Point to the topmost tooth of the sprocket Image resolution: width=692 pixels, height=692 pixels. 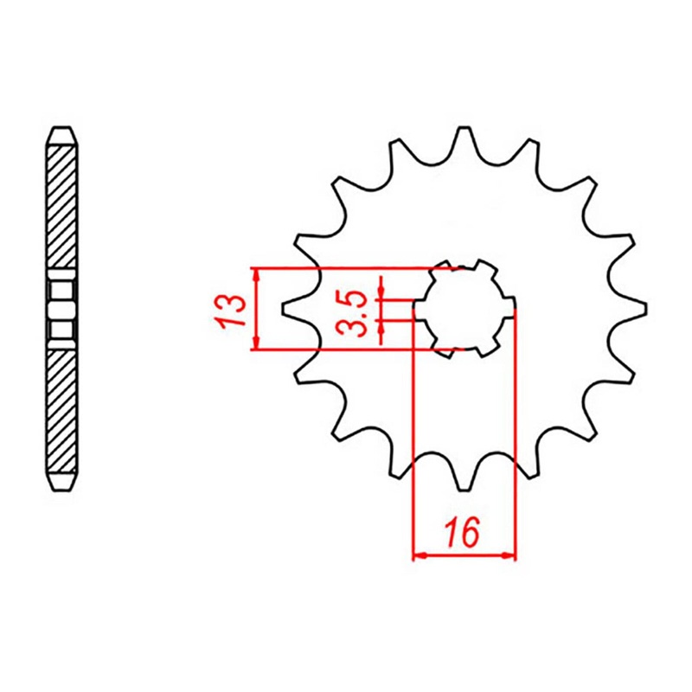465,138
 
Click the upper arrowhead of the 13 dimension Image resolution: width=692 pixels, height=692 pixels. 255,274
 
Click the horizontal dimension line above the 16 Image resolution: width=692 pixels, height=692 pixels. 465,554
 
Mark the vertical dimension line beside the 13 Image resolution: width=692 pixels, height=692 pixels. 255,309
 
